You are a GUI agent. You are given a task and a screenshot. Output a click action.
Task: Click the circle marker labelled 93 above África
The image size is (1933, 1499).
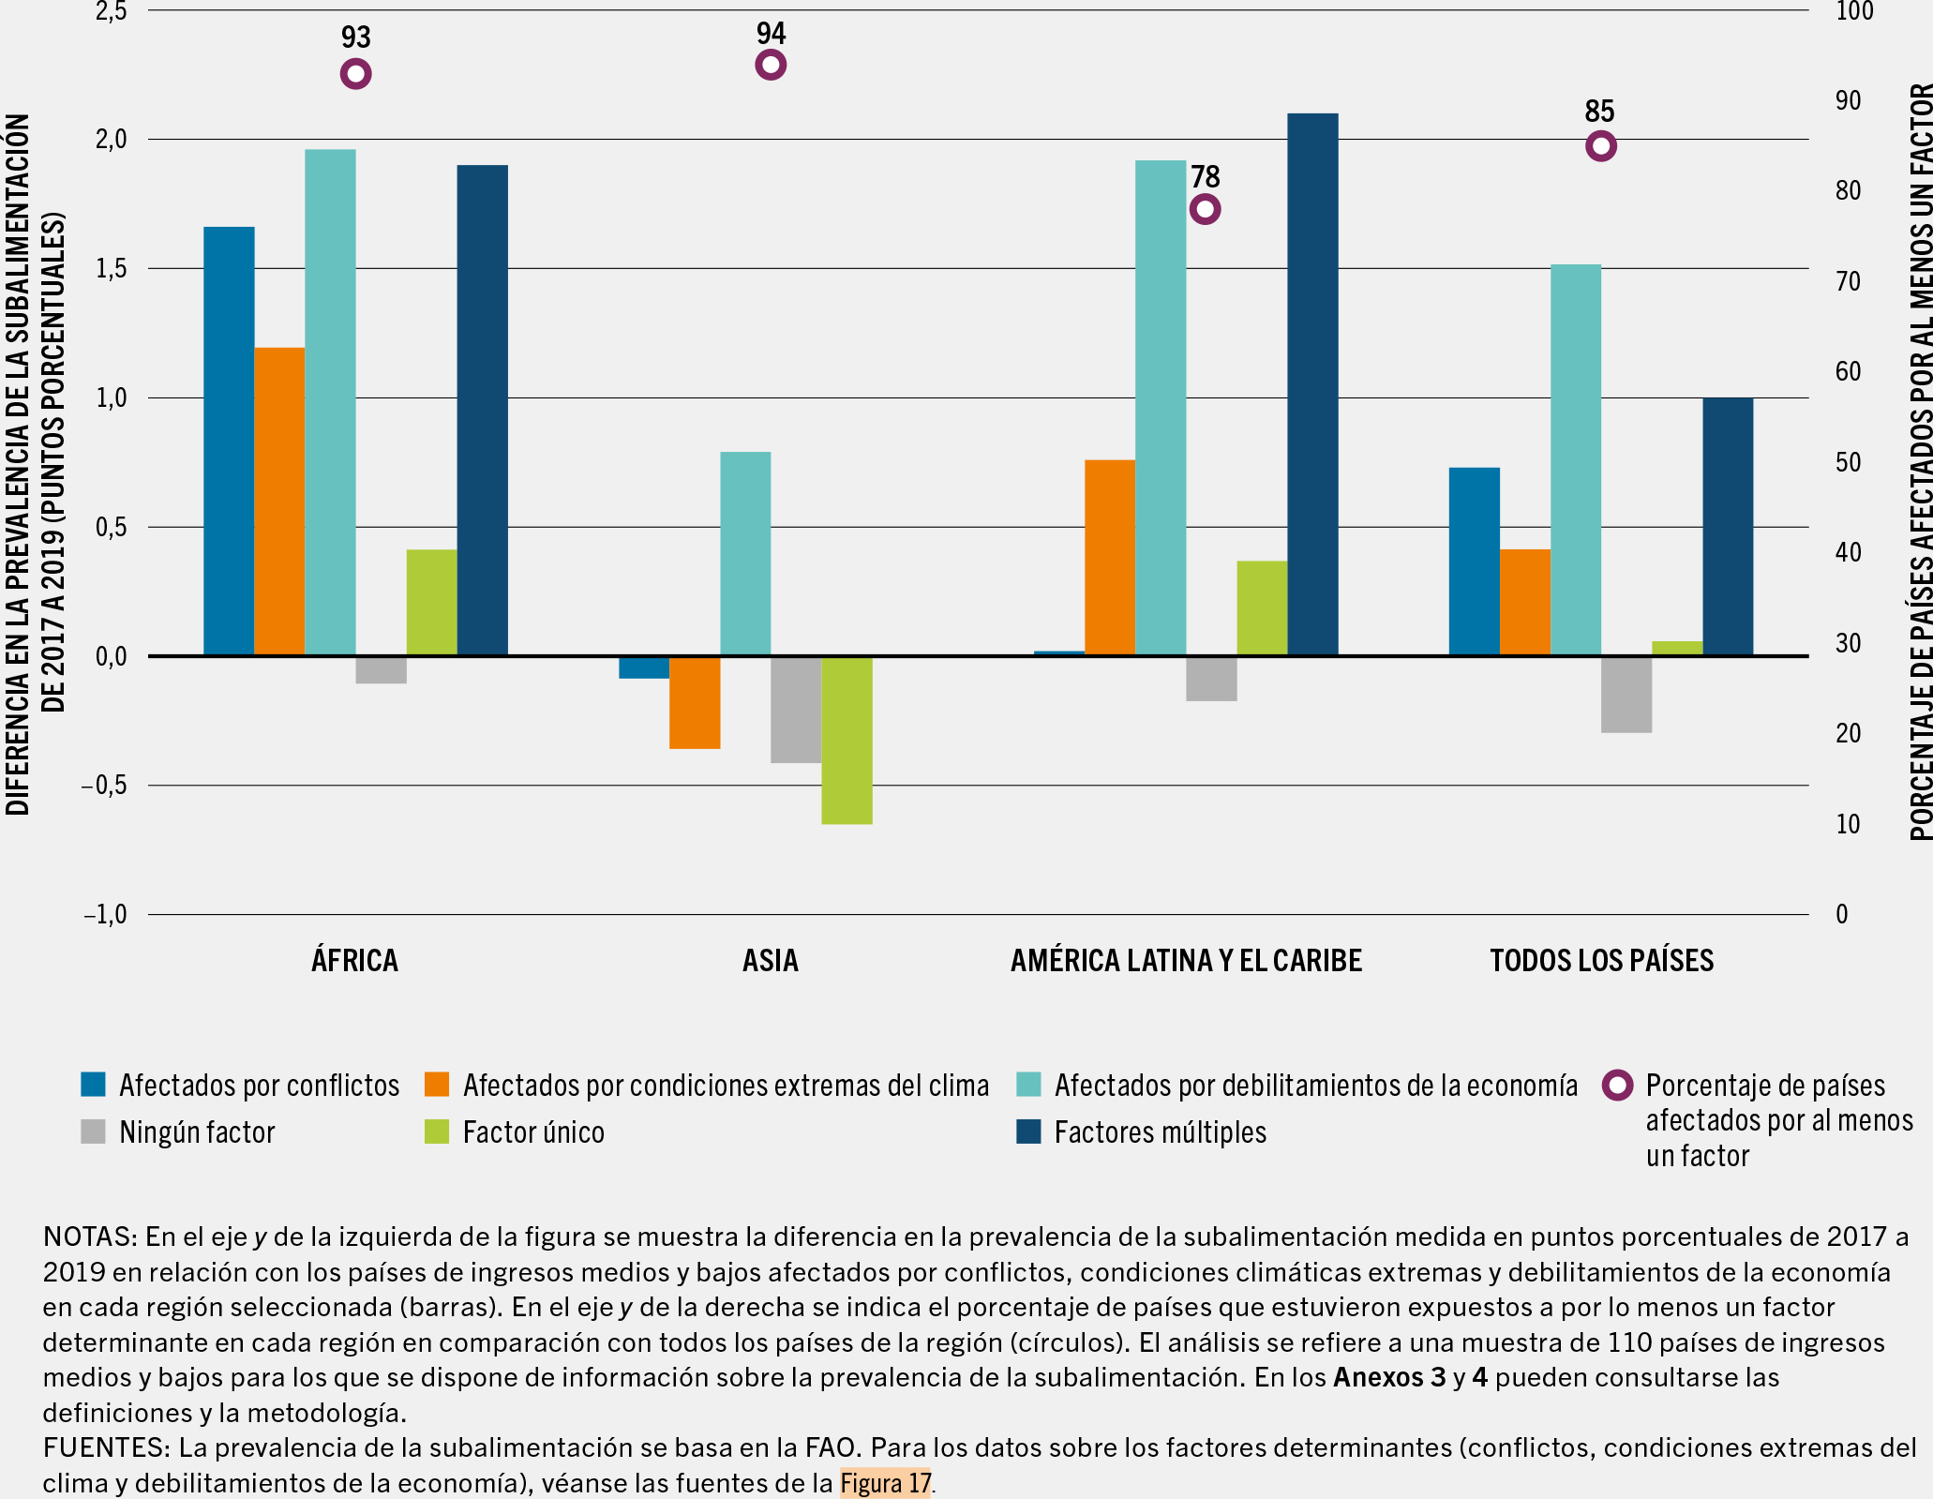tap(355, 74)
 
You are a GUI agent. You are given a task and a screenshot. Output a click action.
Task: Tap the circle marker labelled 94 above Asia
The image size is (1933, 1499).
tap(771, 65)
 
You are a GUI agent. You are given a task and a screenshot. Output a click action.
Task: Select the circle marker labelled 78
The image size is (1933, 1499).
tap(1205, 209)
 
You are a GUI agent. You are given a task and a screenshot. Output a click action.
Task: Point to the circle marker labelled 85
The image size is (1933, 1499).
tap(1601, 146)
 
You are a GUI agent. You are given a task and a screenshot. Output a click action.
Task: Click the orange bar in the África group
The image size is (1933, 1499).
tap(279, 502)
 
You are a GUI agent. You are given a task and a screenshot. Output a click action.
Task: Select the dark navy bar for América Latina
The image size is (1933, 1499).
tap(1312, 384)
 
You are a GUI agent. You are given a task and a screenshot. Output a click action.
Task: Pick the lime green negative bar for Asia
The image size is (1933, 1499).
tap(847, 740)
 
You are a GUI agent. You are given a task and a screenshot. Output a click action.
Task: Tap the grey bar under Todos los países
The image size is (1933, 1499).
tap(1626, 694)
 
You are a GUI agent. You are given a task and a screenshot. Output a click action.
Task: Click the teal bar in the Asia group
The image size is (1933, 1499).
tap(745, 553)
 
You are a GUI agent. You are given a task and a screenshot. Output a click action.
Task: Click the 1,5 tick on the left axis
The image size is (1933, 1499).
tap(112, 269)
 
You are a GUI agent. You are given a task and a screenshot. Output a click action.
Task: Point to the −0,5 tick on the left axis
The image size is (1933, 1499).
tap(103, 786)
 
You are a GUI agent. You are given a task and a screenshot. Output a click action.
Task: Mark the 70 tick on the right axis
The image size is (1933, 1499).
tap(1848, 281)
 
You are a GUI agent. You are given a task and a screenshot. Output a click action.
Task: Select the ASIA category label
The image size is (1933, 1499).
tap(771, 961)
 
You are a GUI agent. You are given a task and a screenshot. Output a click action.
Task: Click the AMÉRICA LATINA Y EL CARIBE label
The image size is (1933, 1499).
tap(1186, 961)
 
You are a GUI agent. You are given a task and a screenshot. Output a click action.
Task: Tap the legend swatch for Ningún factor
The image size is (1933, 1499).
tap(94, 1132)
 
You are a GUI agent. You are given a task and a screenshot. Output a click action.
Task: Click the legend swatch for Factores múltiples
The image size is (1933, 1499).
tap(1029, 1132)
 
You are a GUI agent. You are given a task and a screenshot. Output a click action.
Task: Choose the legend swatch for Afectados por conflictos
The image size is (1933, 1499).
tap(94, 1085)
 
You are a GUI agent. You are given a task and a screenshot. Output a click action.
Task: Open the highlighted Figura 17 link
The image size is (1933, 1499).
tap(885, 1483)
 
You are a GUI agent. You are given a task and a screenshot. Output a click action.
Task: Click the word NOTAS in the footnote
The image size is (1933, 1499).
tap(89, 1237)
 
